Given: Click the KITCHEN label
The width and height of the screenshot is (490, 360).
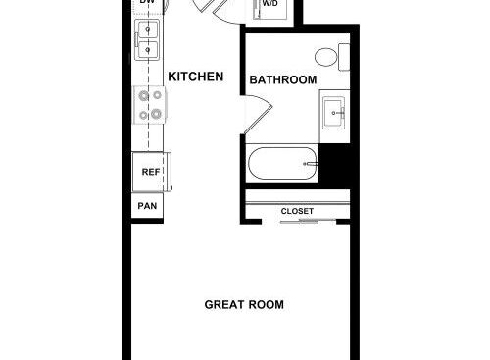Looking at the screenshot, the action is (x=196, y=77).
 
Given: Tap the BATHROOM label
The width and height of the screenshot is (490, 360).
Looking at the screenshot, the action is (x=283, y=79).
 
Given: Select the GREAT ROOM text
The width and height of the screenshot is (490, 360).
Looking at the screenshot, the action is (x=244, y=305).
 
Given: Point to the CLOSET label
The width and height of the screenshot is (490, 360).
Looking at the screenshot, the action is (x=297, y=211).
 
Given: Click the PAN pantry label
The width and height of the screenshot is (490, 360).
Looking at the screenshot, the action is (x=147, y=206).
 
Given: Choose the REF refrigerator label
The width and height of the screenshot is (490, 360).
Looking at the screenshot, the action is (x=151, y=172).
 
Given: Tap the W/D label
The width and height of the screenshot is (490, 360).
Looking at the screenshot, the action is (x=269, y=4).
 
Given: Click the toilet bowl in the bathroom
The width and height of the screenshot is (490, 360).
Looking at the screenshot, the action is (x=326, y=57).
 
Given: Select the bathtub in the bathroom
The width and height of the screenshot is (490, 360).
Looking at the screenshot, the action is (x=283, y=163).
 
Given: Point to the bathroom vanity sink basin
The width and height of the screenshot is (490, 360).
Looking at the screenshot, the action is (x=334, y=113).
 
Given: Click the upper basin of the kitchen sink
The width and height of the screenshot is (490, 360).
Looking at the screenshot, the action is (x=148, y=30).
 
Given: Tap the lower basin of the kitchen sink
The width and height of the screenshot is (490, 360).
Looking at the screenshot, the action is (x=148, y=50).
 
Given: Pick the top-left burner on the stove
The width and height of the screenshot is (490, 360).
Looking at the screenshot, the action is (x=144, y=96).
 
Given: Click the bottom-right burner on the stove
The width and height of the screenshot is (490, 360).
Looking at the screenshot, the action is (x=156, y=114).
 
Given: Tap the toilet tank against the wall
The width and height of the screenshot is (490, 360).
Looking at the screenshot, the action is (x=344, y=57).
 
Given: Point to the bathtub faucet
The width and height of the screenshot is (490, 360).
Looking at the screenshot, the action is (x=311, y=164).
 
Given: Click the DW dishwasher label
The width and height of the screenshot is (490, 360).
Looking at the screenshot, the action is (x=147, y=2).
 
